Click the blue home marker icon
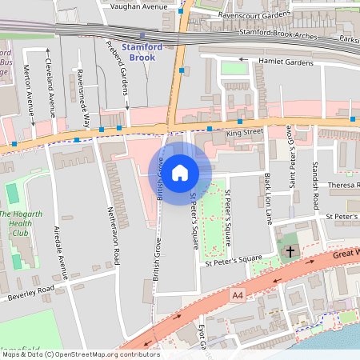pyautogui.click(x=180, y=172)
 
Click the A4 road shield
pyautogui.click(x=238, y=295)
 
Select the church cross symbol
pyautogui.click(x=290, y=251)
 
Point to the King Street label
pyautogui.click(x=244, y=131)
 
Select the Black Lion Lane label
pyautogui.click(x=269, y=198)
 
